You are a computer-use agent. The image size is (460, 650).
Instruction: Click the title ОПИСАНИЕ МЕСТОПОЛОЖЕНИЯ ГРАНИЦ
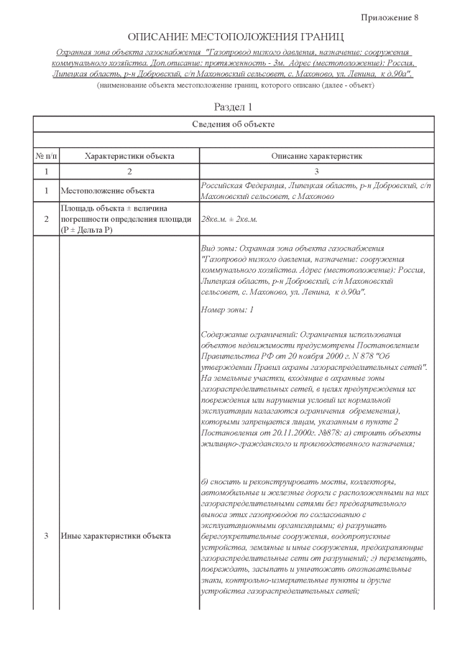click(x=235, y=36)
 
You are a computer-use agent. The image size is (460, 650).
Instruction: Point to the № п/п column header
click(x=46, y=156)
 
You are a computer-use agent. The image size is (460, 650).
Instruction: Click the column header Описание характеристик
click(x=317, y=156)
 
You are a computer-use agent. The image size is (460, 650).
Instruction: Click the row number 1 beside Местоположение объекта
click(x=46, y=191)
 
